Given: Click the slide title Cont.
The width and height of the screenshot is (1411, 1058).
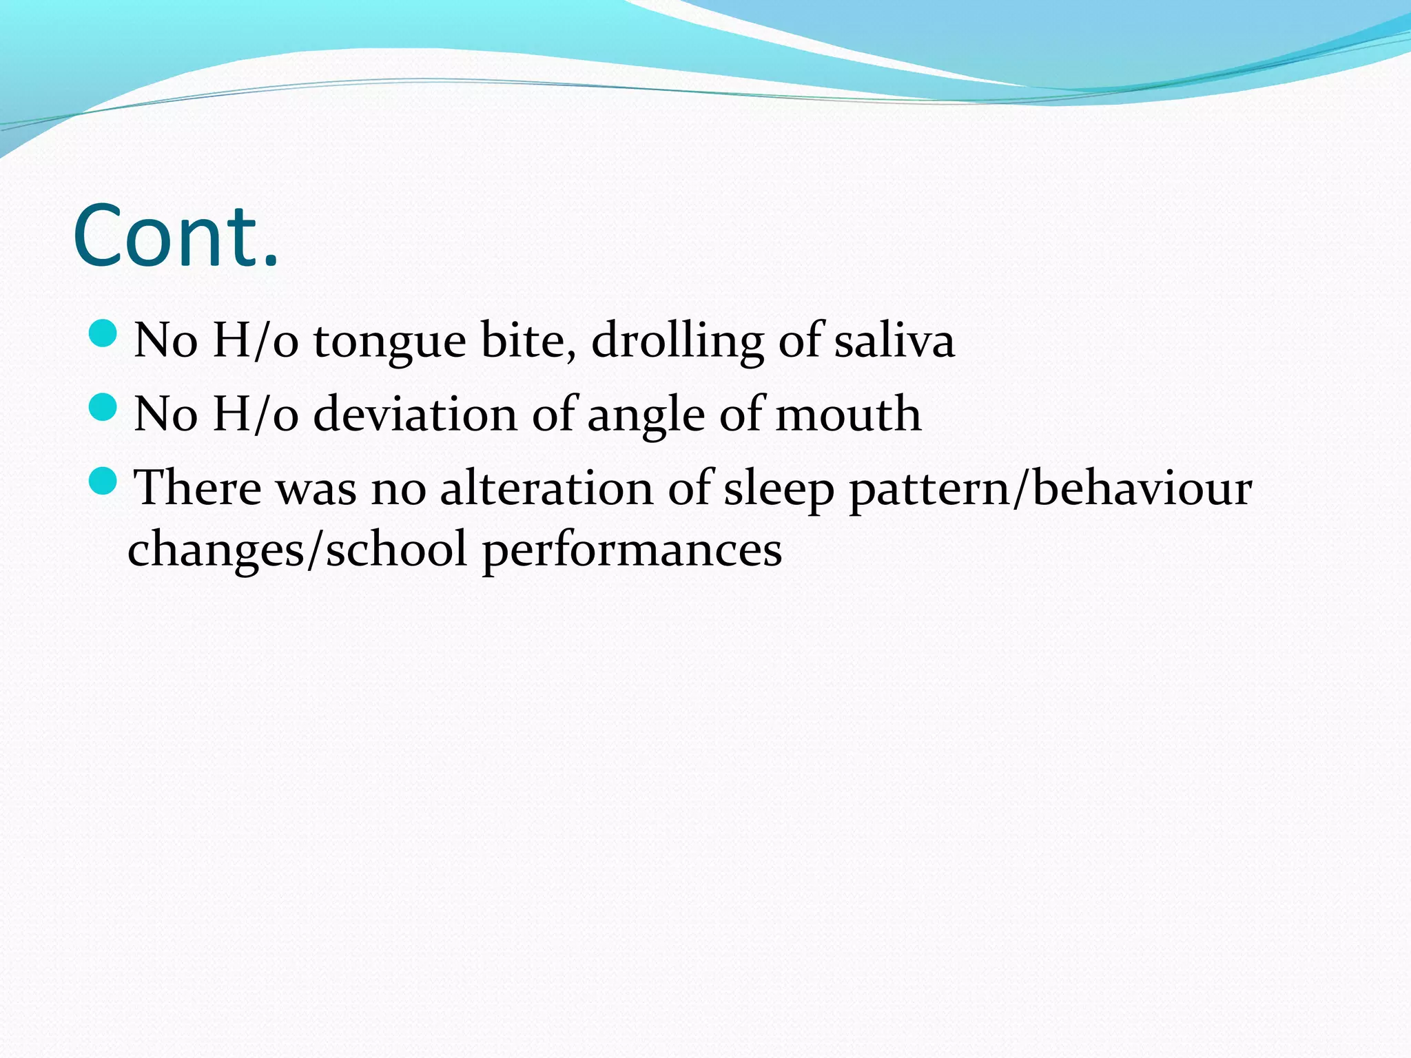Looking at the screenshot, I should coord(176,236).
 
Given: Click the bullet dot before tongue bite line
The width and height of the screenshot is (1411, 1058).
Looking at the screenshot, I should coord(104,333).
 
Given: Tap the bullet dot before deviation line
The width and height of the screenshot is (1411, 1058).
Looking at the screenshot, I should coord(104,407).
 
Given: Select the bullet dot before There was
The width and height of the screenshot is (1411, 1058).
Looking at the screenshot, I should coord(104,481).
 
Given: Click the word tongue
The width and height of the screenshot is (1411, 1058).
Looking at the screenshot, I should coord(389,342).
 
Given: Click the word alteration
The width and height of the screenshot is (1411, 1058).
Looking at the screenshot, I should coord(546,488).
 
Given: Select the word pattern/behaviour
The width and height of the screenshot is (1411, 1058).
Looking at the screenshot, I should coord(1050,489).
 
